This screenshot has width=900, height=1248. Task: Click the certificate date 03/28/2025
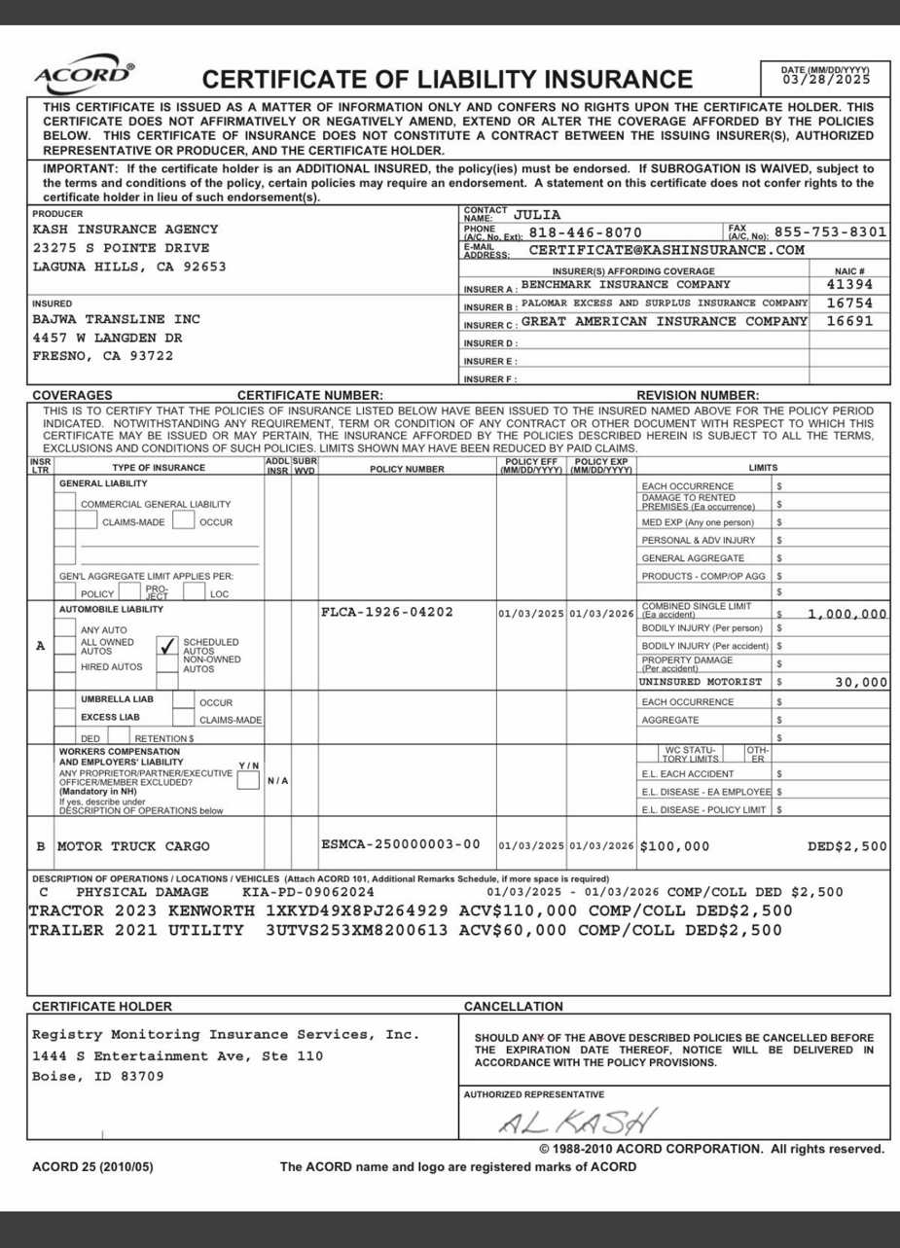[x=826, y=79]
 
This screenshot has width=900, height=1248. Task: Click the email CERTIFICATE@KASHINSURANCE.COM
[x=666, y=250]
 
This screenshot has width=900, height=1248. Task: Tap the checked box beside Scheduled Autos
[x=167, y=645]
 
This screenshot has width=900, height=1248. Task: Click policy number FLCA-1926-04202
[x=386, y=613]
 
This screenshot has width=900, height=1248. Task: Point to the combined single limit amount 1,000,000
[x=847, y=614]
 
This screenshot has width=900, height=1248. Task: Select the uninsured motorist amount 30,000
[x=861, y=682]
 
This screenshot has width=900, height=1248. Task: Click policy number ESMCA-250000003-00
[x=401, y=843]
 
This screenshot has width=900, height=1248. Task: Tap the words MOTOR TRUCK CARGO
[x=133, y=845]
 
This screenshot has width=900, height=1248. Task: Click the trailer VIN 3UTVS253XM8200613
[x=350, y=930]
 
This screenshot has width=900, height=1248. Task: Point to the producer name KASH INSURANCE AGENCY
[x=126, y=230]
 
